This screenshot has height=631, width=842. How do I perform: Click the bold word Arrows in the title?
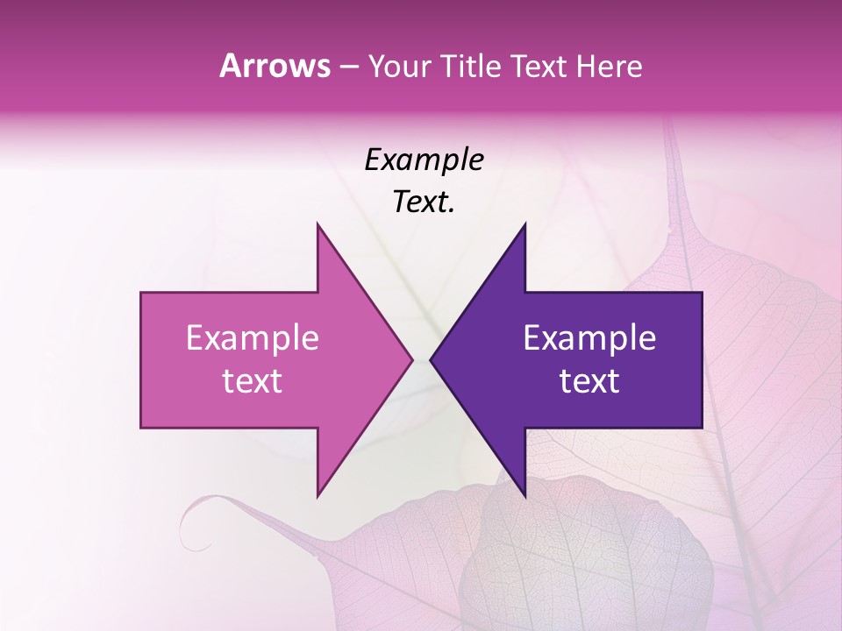275,66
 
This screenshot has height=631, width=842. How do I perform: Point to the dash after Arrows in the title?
348,67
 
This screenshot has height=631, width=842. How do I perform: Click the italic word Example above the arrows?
424,160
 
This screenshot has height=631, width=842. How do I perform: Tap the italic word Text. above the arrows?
424,202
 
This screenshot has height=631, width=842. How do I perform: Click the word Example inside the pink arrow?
252,338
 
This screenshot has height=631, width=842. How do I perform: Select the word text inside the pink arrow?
252,381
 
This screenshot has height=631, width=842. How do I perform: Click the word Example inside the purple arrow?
589,338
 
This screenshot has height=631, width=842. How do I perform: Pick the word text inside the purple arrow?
589,381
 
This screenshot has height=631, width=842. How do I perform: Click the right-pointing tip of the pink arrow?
412,360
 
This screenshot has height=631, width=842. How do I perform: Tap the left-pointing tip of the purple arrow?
431,360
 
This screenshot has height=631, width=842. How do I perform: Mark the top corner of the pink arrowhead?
318,224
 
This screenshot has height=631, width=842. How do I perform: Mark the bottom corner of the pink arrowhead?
318,496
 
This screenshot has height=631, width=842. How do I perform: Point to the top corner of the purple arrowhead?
524,224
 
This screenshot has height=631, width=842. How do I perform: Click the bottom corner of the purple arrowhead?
524,496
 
